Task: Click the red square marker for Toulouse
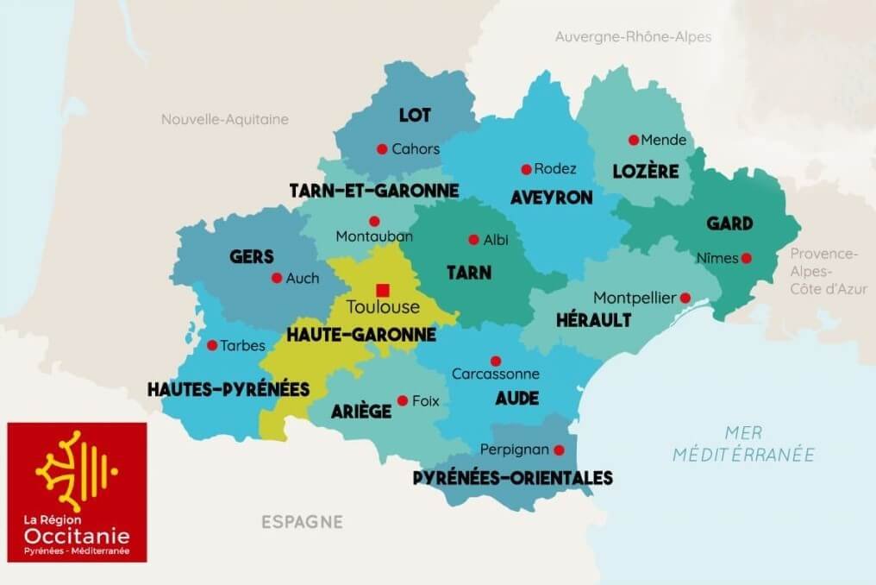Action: (382, 289)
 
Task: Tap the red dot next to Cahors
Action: (382, 148)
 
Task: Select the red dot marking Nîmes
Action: (746, 257)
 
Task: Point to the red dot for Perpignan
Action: (559, 450)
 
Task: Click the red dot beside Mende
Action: (634, 140)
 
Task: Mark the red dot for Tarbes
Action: (212, 345)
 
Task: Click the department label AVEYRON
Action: (551, 198)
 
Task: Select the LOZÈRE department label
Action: (646, 171)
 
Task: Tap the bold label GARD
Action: (729, 223)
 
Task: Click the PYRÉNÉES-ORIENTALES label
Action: (513, 478)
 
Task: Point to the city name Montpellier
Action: (635, 298)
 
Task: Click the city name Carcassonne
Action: (496, 374)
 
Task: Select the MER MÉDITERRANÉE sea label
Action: (744, 443)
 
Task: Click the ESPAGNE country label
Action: (302, 522)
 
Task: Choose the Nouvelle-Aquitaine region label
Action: (225, 119)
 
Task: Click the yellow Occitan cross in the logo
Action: (76, 469)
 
